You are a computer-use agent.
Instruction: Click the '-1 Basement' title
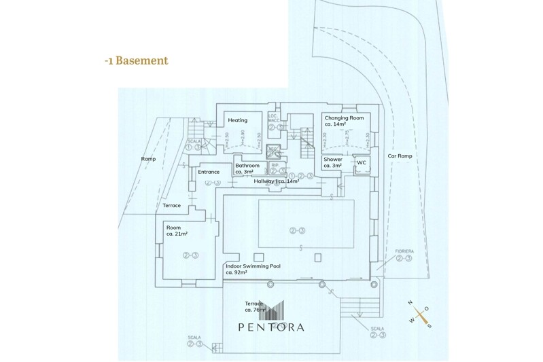point(136,61)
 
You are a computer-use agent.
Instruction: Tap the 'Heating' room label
point(237,120)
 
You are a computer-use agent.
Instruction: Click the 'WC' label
point(362,162)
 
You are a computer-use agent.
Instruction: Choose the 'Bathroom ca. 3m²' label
point(247,168)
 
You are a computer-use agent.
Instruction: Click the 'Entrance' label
point(209,172)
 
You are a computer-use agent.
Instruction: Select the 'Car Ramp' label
point(400,156)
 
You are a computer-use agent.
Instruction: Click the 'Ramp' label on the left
point(148,159)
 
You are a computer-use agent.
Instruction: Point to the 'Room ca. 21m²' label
point(177,230)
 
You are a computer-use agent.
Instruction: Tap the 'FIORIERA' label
point(405,251)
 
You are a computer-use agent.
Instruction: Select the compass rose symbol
point(419,312)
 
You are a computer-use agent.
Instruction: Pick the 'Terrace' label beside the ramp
point(171,205)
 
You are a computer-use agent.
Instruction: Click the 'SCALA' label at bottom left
point(194,338)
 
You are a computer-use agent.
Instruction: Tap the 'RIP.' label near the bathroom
point(275,165)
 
